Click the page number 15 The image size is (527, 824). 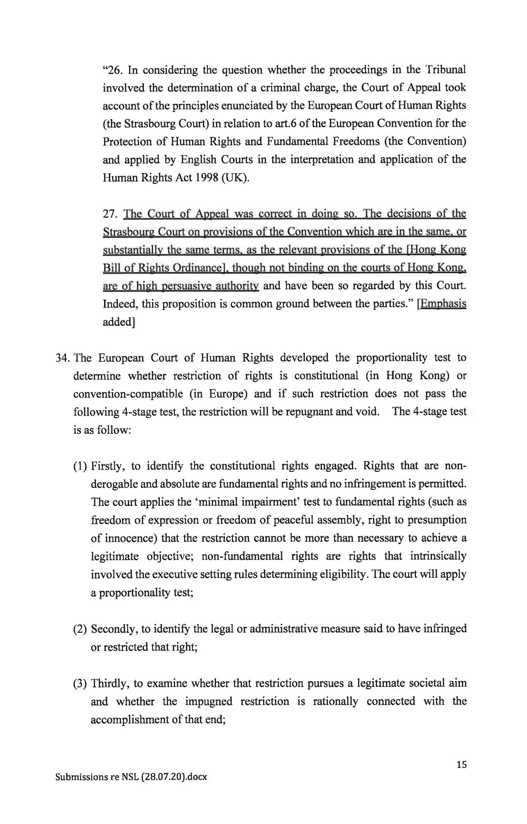click(x=461, y=764)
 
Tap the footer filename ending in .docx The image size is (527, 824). click(x=131, y=777)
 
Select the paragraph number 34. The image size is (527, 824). click(x=63, y=358)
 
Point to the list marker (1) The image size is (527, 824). click(x=80, y=466)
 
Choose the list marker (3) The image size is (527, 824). click(x=80, y=684)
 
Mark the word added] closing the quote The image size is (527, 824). click(x=119, y=322)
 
